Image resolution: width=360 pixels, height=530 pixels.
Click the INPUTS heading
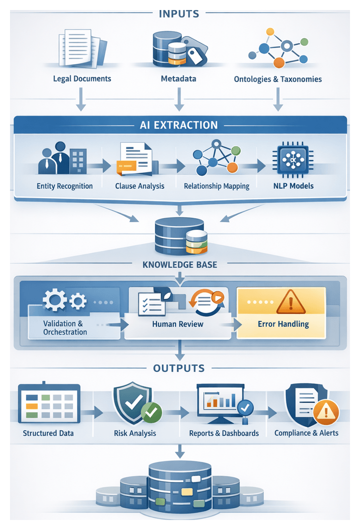(179, 14)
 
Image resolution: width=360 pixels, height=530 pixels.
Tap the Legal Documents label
(82, 79)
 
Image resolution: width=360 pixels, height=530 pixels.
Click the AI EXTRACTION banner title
(179, 125)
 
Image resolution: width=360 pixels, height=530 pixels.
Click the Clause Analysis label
(139, 186)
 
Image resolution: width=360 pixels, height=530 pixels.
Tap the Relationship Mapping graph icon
(216, 158)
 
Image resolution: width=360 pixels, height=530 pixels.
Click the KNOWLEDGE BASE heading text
(179, 264)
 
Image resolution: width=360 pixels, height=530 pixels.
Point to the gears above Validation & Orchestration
(64, 300)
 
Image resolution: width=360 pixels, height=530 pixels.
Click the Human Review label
(177, 324)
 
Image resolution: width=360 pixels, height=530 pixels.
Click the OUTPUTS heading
(179, 368)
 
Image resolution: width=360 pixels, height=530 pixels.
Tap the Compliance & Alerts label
(306, 433)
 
